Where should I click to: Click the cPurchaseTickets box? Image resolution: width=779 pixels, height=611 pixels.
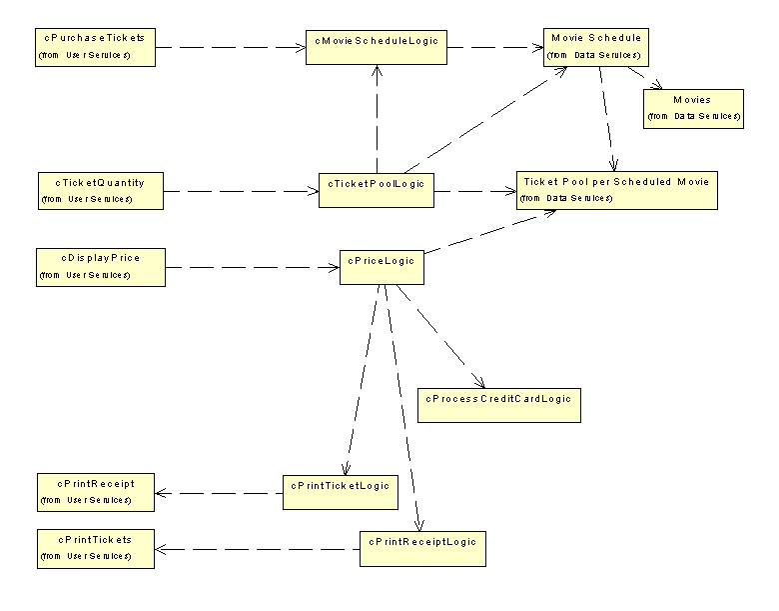pos(95,47)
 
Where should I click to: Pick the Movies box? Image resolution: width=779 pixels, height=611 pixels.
pos(693,108)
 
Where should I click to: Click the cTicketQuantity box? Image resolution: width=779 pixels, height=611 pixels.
pos(99,190)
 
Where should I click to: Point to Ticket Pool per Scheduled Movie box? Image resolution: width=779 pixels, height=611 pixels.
pos(616,189)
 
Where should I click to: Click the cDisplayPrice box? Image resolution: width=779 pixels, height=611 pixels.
pos(100,265)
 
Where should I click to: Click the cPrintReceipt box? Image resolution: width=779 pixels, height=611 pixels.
pos(96,490)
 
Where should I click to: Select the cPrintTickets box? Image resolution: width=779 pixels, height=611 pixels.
pos(96,548)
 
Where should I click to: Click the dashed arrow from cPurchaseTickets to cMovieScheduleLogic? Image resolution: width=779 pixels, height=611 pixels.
pos(230,46)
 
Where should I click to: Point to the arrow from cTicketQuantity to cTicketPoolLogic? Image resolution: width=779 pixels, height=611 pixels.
pos(240,189)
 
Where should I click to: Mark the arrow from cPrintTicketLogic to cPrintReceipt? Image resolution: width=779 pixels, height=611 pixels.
pos(219,491)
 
